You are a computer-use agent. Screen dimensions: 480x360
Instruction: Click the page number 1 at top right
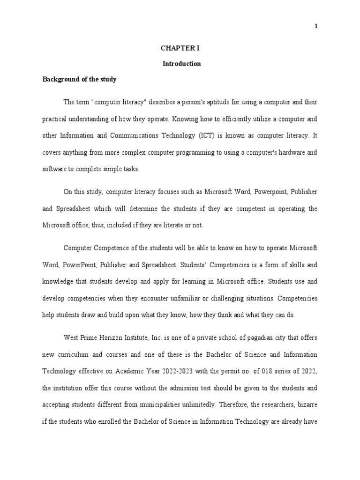(316, 26)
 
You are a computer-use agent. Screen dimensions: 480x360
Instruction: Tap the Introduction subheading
(181, 64)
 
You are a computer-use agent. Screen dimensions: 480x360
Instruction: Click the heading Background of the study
(80, 79)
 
